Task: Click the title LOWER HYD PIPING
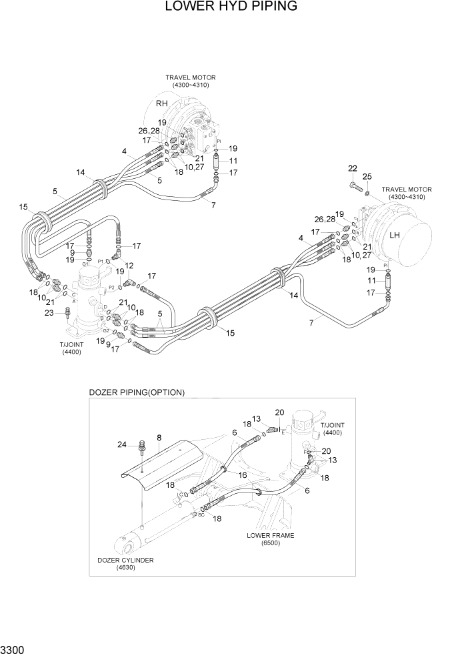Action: coord(231,7)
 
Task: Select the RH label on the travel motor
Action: coord(162,103)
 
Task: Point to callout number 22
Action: coord(352,168)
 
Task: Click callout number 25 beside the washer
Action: coord(367,177)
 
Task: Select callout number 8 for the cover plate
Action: coord(159,438)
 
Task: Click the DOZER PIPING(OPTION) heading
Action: coord(137,392)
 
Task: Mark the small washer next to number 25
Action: coord(367,190)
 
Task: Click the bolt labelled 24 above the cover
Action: coord(141,447)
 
